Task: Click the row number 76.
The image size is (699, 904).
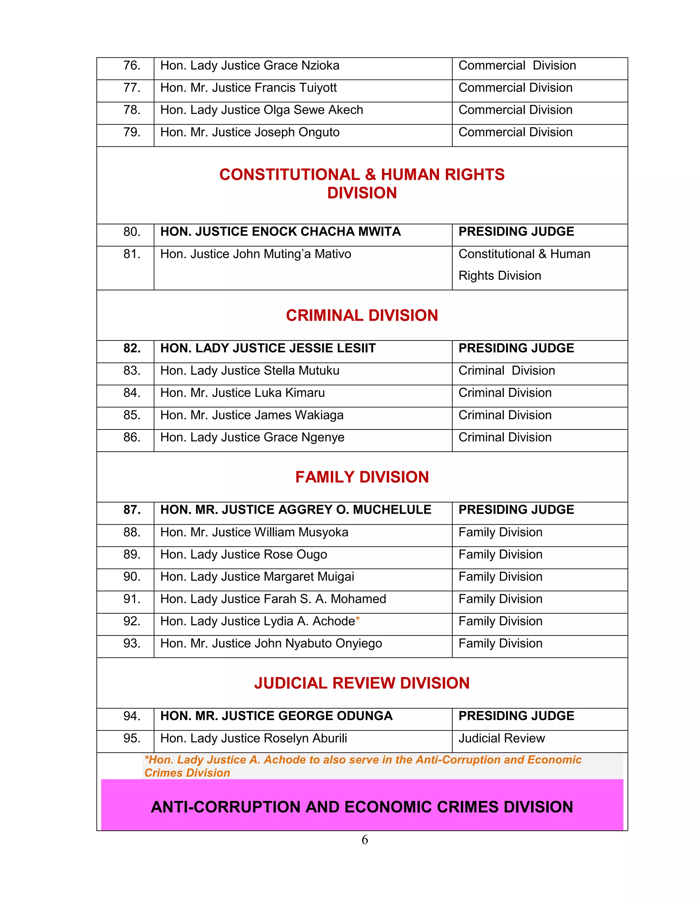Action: tap(132, 66)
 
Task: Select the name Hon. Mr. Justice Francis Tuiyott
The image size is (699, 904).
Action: tap(248, 88)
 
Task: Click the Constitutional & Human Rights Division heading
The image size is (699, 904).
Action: tap(361, 184)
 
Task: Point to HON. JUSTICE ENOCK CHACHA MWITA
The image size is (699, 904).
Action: tap(280, 232)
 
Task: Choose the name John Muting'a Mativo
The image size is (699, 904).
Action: tap(256, 254)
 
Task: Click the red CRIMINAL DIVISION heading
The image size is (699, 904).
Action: tap(361, 316)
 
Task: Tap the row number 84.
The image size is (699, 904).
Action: tap(132, 393)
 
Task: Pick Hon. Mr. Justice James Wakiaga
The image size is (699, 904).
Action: tap(252, 415)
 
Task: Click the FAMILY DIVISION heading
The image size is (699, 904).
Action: tap(361, 477)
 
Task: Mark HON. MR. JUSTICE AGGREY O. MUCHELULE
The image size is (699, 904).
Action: tap(296, 510)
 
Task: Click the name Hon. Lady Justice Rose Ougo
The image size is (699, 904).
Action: tap(243, 555)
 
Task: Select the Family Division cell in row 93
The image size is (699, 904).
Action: tap(500, 644)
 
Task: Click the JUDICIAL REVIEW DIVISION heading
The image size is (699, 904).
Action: tap(361, 683)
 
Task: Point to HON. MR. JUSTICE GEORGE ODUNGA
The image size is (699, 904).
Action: tap(276, 716)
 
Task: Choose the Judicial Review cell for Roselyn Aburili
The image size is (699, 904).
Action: tap(501, 739)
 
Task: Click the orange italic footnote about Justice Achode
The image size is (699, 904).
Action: tap(362, 766)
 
